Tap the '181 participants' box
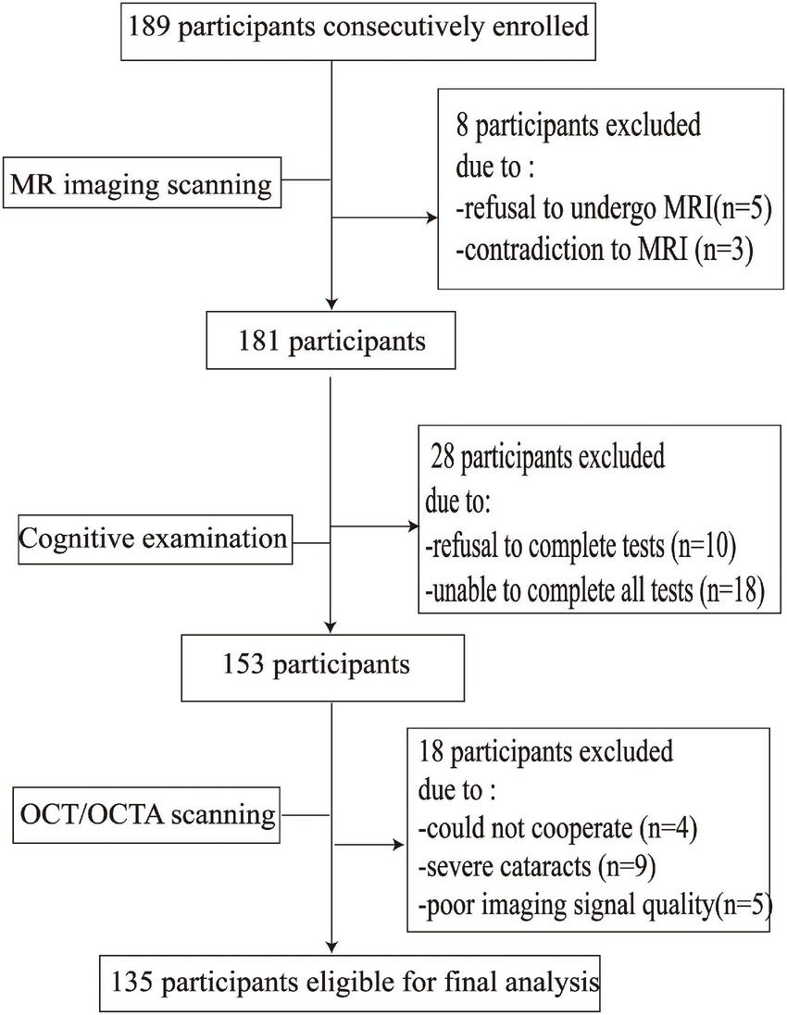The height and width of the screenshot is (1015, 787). pyautogui.click(x=330, y=341)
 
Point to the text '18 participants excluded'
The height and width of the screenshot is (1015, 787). pyautogui.click(x=546, y=750)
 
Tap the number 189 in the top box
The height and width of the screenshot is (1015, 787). pyautogui.click(x=149, y=27)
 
